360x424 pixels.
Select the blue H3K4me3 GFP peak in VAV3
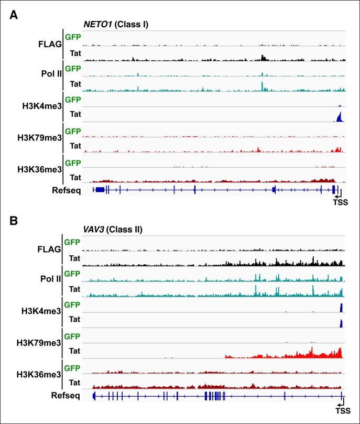point(341,308)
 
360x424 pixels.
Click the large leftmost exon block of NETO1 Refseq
point(100,189)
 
